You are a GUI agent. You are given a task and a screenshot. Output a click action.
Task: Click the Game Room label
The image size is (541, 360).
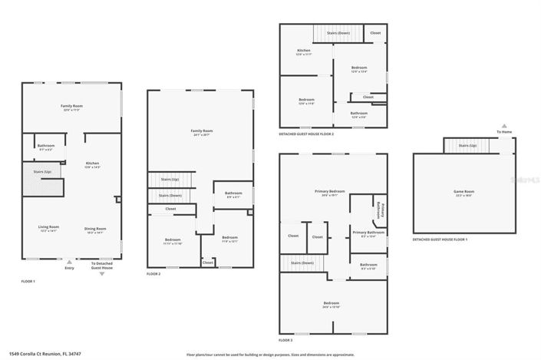click(x=464, y=192)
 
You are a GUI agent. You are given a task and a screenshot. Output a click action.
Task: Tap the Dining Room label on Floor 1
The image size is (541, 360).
click(x=95, y=228)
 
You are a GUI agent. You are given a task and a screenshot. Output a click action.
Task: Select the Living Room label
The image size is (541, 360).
click(x=49, y=228)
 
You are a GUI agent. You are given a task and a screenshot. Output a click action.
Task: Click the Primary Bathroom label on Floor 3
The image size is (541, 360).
click(x=368, y=233)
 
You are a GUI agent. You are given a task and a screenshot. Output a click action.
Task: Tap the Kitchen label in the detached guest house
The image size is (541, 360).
click(x=304, y=52)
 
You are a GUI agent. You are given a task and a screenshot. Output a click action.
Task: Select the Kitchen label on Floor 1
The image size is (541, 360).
click(x=92, y=164)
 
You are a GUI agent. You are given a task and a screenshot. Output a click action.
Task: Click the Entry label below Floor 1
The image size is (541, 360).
click(x=70, y=268)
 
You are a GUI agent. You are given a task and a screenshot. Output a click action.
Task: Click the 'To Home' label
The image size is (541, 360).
click(x=503, y=132)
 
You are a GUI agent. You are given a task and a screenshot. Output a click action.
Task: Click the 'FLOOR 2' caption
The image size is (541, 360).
click(x=153, y=274)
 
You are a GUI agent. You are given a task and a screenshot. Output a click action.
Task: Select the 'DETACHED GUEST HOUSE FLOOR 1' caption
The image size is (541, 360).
click(x=440, y=239)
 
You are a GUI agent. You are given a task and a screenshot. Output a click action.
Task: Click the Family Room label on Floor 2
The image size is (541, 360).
click(x=202, y=132)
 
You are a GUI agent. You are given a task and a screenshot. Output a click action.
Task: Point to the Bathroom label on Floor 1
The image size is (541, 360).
click(x=45, y=147)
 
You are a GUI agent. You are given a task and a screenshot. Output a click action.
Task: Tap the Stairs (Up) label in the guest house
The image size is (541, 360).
click(x=467, y=145)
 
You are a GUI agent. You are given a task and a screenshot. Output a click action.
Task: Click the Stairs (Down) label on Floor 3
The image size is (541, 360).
click(x=302, y=263)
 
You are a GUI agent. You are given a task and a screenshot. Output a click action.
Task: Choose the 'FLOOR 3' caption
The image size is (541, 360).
click(x=285, y=339)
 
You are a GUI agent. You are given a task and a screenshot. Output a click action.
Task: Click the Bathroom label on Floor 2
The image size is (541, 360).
click(x=233, y=194)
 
